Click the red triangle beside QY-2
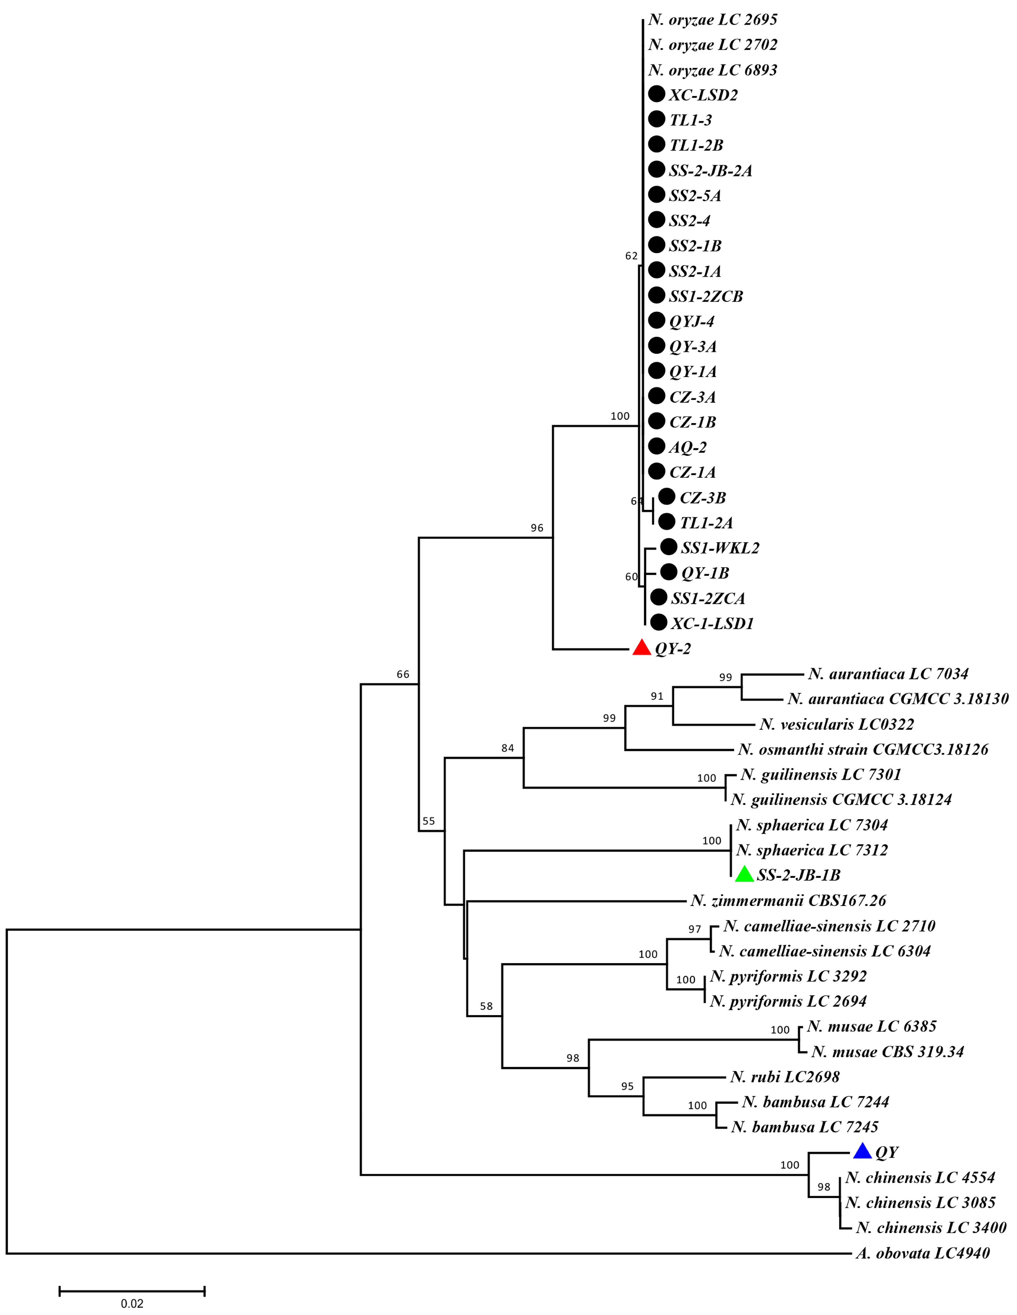click(642, 648)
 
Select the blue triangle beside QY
click(862, 1151)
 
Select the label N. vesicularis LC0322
click(836, 724)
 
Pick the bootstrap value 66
click(402, 675)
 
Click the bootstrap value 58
click(486, 1006)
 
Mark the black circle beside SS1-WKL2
click(668, 547)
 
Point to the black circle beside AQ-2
click(657, 446)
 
